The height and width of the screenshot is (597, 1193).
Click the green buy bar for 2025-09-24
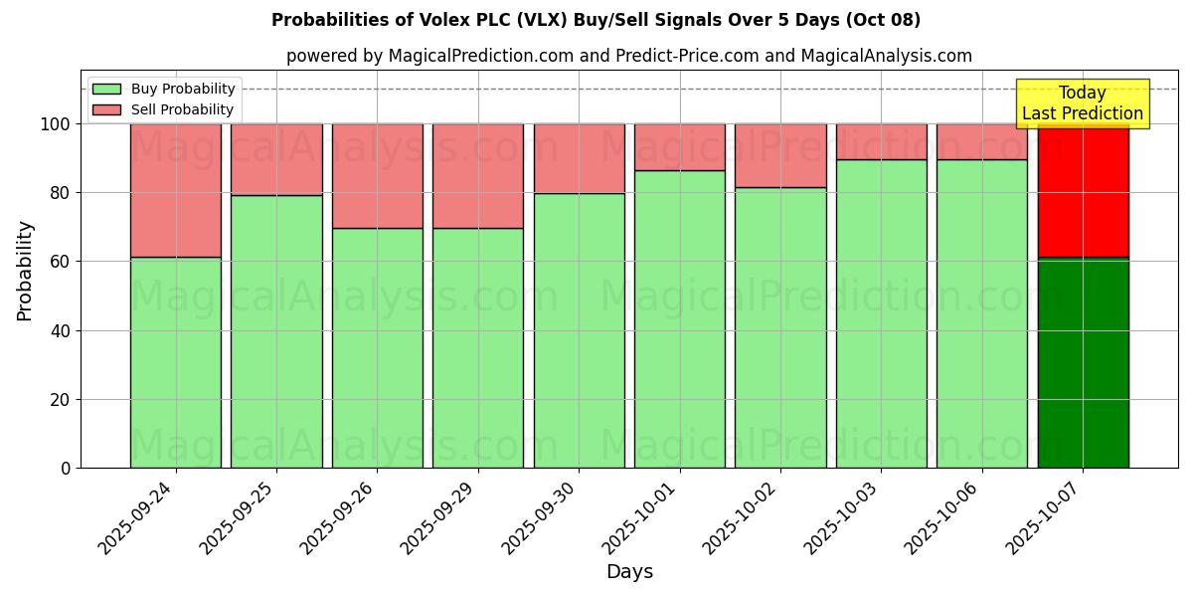pos(176,363)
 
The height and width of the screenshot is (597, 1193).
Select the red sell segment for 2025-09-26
pos(378,176)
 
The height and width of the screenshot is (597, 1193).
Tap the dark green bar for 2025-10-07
pos(1083,363)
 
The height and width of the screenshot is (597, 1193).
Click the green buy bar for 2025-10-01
pos(680,318)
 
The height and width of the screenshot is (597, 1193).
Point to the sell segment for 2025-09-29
pos(478,176)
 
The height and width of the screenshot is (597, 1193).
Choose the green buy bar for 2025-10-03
pos(882,313)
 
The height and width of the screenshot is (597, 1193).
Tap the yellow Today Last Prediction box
pos(1083,103)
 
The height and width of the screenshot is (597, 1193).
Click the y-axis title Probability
pos(25,271)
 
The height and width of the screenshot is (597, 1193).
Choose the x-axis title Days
pos(629,572)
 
